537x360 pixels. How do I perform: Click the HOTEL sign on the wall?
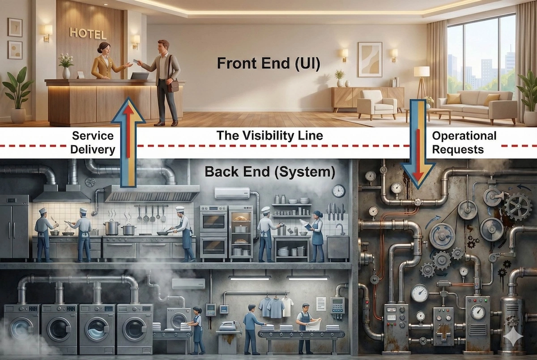tap(88, 34)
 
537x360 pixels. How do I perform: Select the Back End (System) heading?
tap(264, 171)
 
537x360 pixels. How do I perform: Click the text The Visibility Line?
tap(269, 136)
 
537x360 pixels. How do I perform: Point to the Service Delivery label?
tap(93, 142)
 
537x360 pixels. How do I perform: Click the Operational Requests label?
tap(464, 142)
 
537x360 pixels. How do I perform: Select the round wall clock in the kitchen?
tap(339, 191)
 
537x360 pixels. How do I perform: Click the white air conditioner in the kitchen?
tap(231, 193)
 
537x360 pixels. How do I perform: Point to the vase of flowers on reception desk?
tap(66, 66)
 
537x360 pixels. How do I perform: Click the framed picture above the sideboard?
tap(370, 59)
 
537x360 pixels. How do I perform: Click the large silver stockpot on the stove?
tap(111, 226)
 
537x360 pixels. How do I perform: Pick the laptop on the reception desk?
tap(140, 76)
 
